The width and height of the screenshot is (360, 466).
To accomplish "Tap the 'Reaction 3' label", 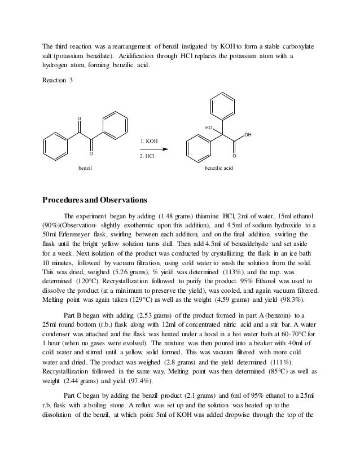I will pos(58,80).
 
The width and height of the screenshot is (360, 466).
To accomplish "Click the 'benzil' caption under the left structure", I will pos(85,168).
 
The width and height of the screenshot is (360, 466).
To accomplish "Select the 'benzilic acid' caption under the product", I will pos(217,168).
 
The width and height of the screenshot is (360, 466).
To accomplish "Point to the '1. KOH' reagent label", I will pos(149,140).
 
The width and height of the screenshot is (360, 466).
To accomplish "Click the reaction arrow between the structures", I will pos(153,148).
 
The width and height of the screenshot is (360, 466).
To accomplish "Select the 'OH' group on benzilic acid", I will pos(248,135).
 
